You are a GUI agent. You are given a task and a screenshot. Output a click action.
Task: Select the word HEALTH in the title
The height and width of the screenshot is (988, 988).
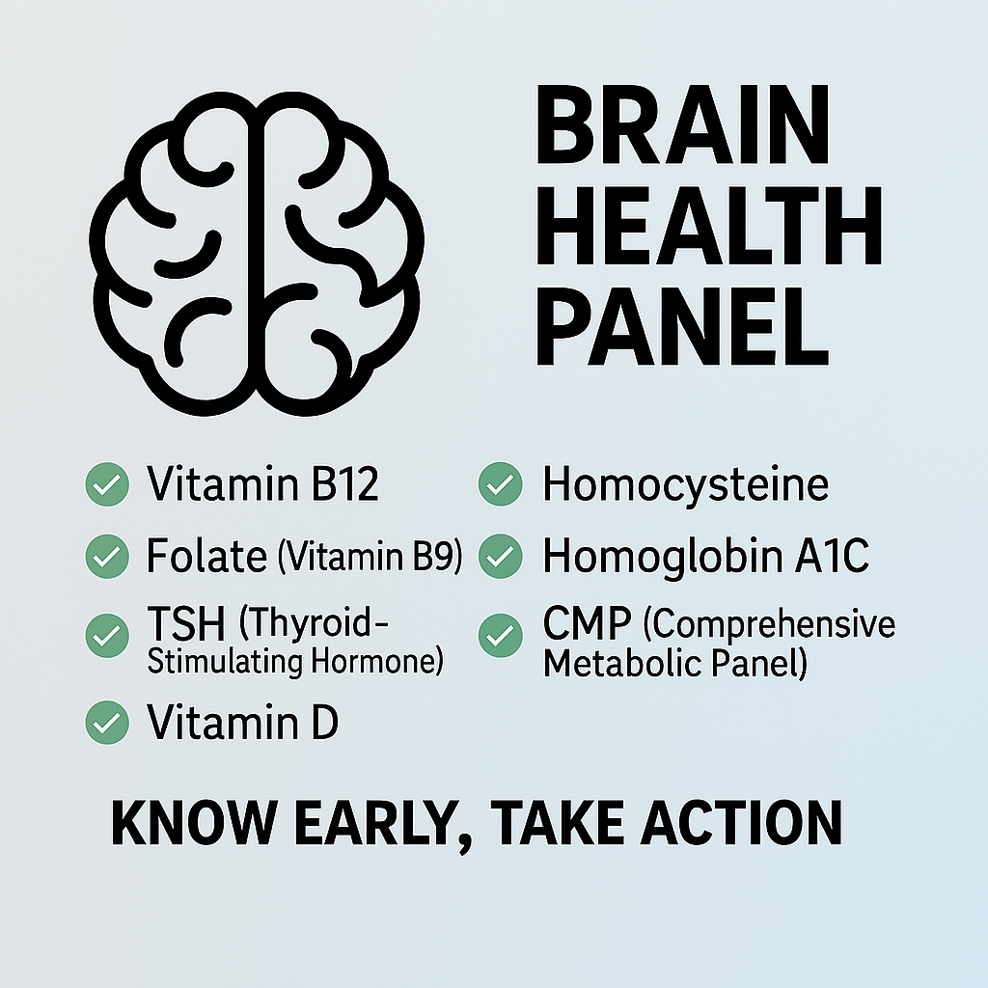point(708,230)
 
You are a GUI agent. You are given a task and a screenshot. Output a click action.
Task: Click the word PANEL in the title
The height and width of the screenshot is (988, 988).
point(681,328)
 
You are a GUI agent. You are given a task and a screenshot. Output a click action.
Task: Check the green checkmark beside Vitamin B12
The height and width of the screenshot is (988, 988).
point(106,484)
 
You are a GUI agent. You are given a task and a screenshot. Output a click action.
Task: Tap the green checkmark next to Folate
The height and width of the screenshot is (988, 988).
point(106,557)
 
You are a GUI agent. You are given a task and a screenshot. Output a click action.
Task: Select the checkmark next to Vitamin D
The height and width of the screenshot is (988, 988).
point(106,723)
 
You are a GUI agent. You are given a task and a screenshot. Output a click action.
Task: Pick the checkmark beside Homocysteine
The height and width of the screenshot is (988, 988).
point(500,484)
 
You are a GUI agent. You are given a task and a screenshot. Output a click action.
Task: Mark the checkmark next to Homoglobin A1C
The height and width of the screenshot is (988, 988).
point(500,557)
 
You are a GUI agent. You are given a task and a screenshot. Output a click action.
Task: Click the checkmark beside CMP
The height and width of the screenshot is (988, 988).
point(500,636)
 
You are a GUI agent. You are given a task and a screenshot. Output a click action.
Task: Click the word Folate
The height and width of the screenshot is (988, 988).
point(206,557)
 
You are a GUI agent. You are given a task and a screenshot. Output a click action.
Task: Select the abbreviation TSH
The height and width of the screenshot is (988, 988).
point(185,626)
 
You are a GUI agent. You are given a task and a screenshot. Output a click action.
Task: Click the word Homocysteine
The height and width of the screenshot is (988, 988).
point(685,485)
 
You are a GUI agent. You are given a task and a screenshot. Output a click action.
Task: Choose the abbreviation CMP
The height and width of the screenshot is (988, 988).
point(588,626)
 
